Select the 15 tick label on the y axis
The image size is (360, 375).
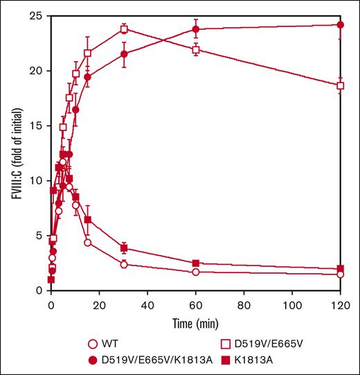[x=36, y=125]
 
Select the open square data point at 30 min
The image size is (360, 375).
[x=123, y=29]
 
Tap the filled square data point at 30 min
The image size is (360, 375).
[x=123, y=248]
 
